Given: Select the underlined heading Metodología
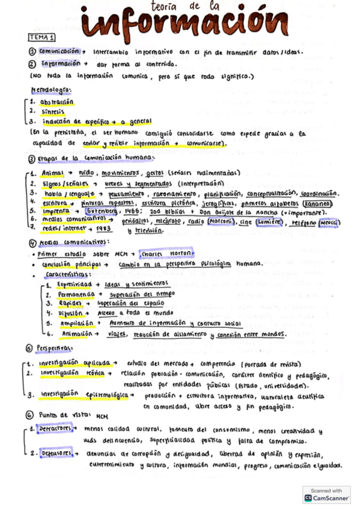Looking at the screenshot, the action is (50, 90).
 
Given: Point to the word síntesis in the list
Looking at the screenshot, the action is (53, 111).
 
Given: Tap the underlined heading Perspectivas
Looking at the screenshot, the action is (54, 348).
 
